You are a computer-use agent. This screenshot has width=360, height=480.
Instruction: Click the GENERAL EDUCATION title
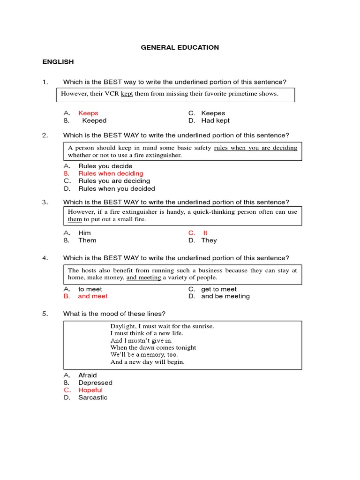click(180, 47)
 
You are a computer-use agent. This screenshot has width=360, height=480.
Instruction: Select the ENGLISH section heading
click(58, 62)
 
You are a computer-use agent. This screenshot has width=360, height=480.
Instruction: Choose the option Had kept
click(215, 120)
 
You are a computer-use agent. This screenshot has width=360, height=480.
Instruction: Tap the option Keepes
click(213, 113)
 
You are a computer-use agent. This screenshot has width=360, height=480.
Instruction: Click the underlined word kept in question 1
click(127, 94)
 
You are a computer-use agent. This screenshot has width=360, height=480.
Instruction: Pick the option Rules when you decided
click(116, 188)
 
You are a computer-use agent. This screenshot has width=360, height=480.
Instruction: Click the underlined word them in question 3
click(75, 219)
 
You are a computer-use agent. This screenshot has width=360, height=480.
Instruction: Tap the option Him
click(84, 233)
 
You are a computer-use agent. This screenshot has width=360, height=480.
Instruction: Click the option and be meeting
click(225, 296)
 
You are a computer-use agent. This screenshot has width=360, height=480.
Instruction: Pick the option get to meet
click(218, 289)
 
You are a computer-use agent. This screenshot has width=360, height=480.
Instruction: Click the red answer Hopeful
click(90, 390)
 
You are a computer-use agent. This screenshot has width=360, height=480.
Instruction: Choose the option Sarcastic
click(93, 397)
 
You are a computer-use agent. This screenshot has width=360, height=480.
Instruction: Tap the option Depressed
click(95, 382)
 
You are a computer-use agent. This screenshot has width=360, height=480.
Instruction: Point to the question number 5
click(45, 314)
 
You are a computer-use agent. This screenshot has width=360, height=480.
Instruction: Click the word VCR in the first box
click(112, 94)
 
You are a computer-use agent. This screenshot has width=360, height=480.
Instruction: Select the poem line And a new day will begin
click(147, 362)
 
